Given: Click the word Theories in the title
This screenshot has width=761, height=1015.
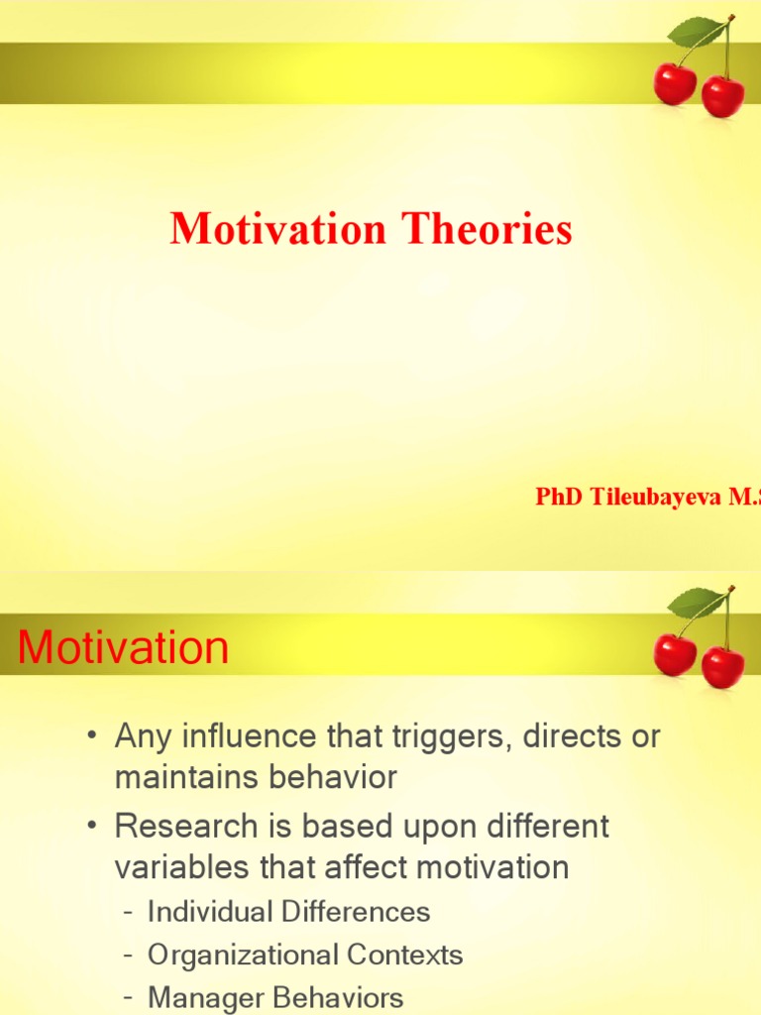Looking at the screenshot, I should [487, 230].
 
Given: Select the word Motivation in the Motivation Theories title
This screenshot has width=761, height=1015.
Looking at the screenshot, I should [278, 230].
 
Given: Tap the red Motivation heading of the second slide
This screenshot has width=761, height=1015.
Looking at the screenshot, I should [124, 648].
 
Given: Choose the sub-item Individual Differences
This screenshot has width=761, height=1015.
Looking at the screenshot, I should [288, 912].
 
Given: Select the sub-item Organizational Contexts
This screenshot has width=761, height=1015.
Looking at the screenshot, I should [305, 956].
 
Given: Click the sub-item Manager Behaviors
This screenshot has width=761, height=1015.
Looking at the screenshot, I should [275, 998].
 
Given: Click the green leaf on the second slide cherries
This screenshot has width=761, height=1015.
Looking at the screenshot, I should [697, 602].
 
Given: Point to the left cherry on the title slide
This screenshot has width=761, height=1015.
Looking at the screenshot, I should [675, 83].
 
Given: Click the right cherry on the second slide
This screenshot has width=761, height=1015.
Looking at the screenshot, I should [723, 666].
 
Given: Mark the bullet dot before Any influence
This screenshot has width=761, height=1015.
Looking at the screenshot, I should [91, 737].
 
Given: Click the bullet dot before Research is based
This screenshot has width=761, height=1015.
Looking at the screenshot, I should [91, 827].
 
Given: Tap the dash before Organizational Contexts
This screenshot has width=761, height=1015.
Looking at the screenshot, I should [129, 957].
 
